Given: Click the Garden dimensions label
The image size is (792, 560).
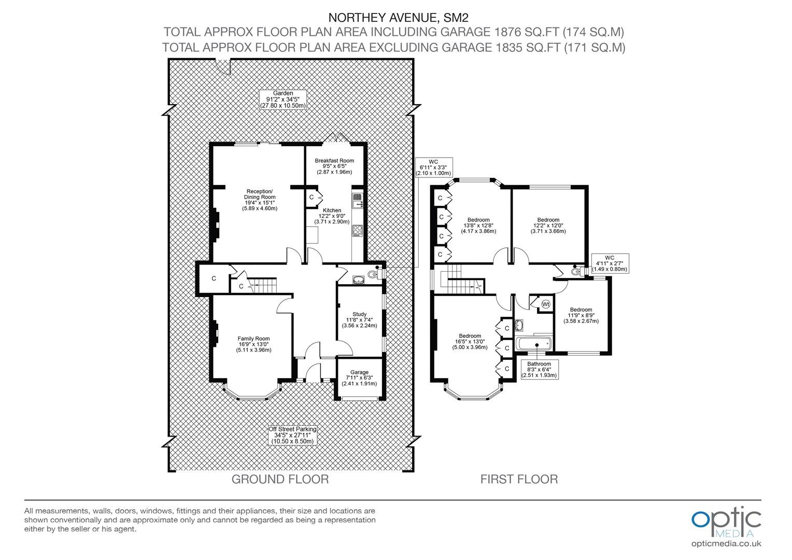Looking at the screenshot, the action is [x=283, y=100].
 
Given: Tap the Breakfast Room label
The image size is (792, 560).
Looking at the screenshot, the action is [x=334, y=166].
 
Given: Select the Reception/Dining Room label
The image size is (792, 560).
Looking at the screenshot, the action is [x=260, y=200].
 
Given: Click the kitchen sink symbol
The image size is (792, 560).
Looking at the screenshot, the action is [x=358, y=201].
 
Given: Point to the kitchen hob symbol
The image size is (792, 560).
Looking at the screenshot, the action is [x=358, y=231].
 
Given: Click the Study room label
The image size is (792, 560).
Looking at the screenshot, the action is [x=359, y=320].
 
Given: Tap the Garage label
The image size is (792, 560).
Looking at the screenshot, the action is [x=359, y=378].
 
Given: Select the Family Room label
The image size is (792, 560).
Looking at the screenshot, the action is [x=253, y=344].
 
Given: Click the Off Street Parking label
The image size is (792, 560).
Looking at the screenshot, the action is [x=292, y=435].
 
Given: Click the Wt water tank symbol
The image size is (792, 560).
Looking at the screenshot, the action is [x=546, y=304].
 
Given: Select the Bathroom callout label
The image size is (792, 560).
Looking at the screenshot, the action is [x=539, y=369].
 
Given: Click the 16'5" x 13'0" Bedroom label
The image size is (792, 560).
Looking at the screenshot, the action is [x=470, y=341].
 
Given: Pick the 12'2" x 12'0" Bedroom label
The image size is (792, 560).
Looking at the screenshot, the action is [x=548, y=226].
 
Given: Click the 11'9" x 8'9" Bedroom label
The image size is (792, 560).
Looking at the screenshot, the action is [x=581, y=315].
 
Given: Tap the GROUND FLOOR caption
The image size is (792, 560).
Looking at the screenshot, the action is [x=280, y=479].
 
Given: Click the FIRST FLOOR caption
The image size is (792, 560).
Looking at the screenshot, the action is [x=519, y=479].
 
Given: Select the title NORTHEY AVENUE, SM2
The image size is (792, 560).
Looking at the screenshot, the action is [x=399, y=17].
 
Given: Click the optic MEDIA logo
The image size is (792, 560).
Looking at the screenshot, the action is [x=726, y=526].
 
